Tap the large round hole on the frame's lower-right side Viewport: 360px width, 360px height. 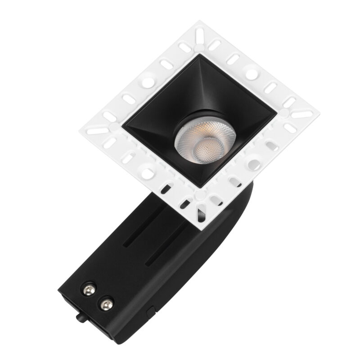[x=254, y=162]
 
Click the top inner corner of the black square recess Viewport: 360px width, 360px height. [x=197, y=56]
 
